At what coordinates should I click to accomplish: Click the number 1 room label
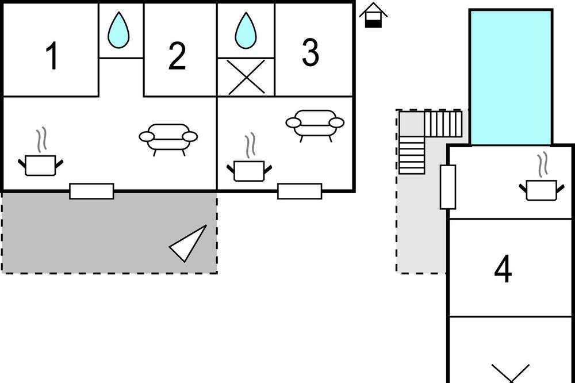[x=52, y=55]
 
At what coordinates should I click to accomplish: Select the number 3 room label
[x=310, y=52]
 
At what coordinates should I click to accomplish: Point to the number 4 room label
[x=503, y=269]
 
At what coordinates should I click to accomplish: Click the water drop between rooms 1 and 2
[x=118, y=30]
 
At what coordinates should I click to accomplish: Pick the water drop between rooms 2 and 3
[x=246, y=30]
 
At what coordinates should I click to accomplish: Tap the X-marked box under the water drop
[x=246, y=77]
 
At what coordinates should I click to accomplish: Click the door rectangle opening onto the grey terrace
[x=91, y=191]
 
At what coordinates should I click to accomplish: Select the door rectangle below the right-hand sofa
[x=300, y=191]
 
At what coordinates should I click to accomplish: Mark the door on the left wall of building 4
[x=448, y=187]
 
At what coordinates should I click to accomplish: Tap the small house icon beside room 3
[x=373, y=15]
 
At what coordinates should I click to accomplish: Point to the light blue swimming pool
[x=511, y=78]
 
